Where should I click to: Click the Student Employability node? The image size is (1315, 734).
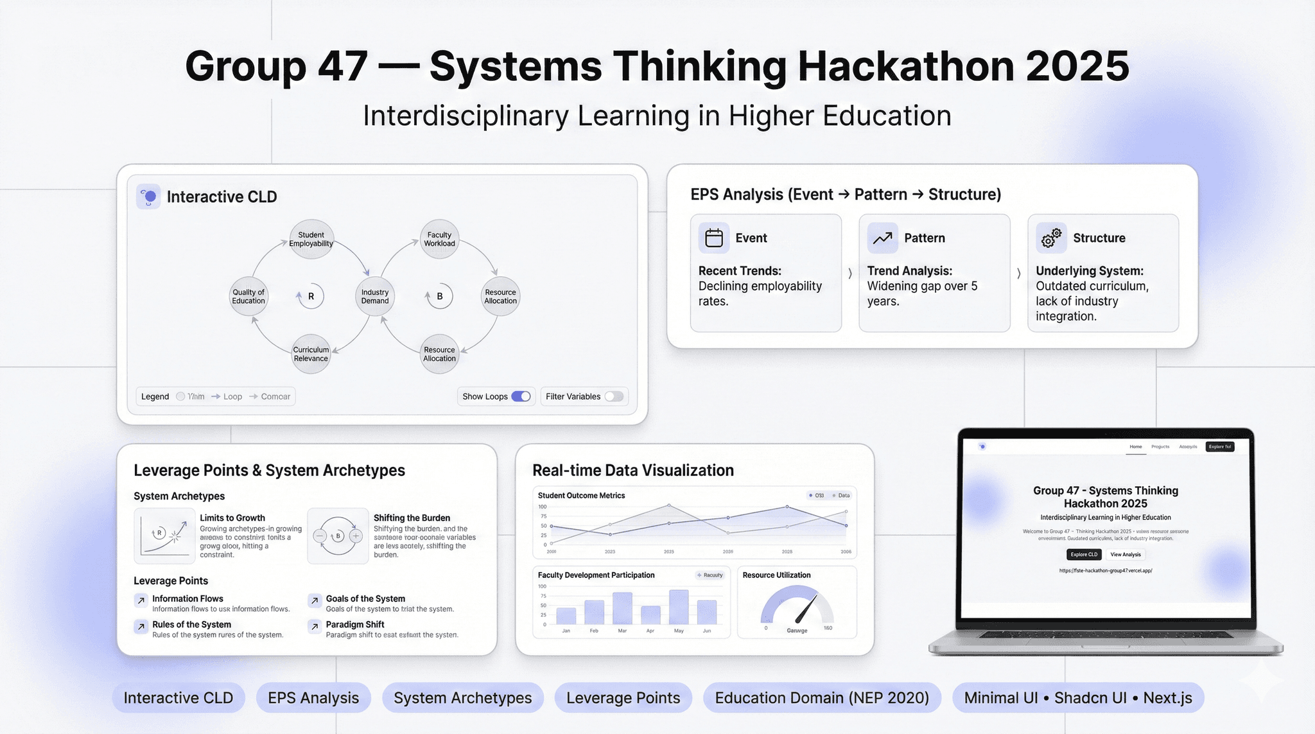pyautogui.click(x=311, y=240)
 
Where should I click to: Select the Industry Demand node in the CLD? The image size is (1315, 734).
pyautogui.click(x=375, y=297)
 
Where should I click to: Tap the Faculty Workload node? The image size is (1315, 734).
pyautogui.click(x=440, y=240)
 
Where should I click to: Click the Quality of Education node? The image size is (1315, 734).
pyautogui.click(x=248, y=297)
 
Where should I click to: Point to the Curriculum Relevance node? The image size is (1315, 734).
pyautogui.click(x=311, y=354)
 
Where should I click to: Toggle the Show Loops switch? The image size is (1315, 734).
pyautogui.click(x=521, y=396)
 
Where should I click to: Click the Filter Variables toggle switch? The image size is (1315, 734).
pyautogui.click(x=614, y=396)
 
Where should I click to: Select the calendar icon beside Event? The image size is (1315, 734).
pyautogui.click(x=714, y=238)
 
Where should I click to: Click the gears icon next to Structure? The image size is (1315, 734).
pyautogui.click(x=1051, y=238)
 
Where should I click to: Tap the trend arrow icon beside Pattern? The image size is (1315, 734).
pyautogui.click(x=882, y=238)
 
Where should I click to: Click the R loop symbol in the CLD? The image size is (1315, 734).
pyautogui.click(x=311, y=297)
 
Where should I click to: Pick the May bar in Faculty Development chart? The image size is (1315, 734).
pyautogui.click(x=679, y=607)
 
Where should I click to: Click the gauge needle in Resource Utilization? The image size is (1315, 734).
pyautogui.click(x=806, y=609)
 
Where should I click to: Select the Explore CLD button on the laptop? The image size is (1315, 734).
pyautogui.click(x=1084, y=554)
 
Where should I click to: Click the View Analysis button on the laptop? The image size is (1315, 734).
pyautogui.click(x=1126, y=554)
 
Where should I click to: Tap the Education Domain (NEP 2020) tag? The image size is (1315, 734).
pyautogui.click(x=822, y=698)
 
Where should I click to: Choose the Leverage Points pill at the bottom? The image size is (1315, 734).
pyautogui.click(x=623, y=698)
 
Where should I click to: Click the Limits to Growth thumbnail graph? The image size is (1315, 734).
pyautogui.click(x=165, y=536)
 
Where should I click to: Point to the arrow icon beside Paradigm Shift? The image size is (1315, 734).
pyautogui.click(x=315, y=626)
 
